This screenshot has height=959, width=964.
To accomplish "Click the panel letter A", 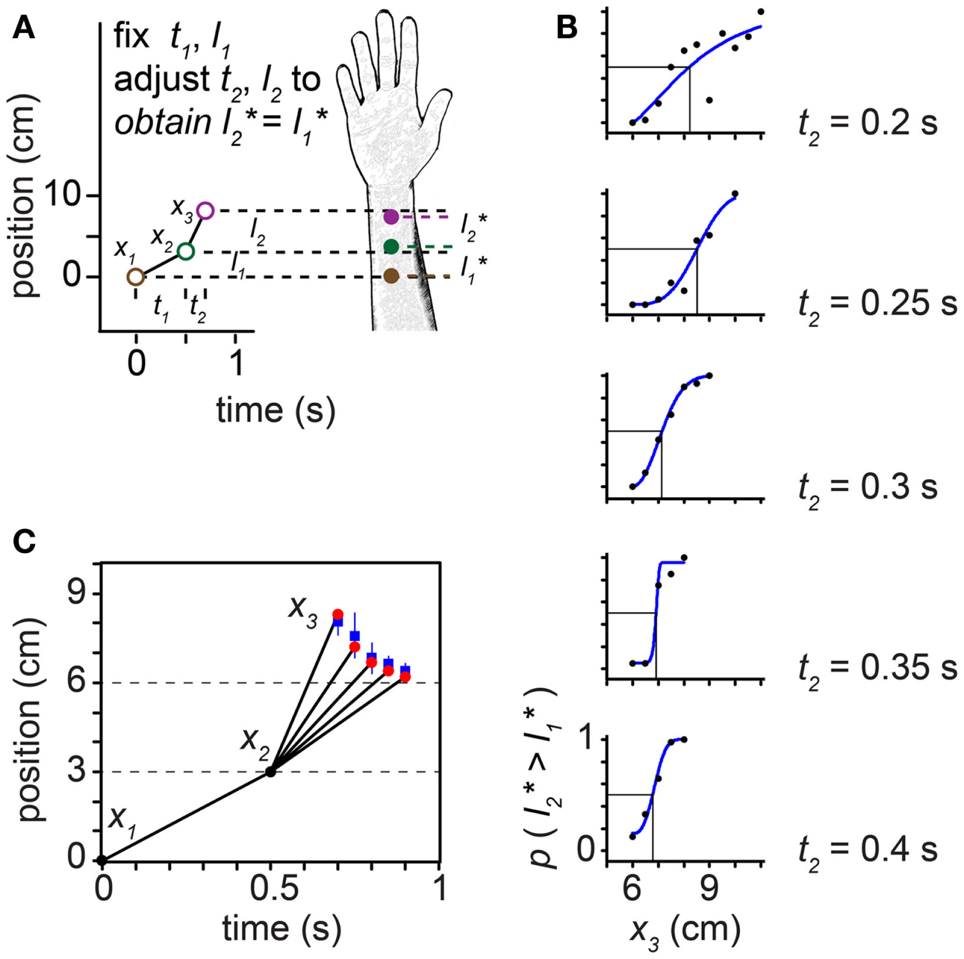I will point(24,28).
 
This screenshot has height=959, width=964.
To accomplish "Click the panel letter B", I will point(566,28).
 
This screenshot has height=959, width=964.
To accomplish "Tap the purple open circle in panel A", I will point(205,211).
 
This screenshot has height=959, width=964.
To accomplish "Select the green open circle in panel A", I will point(186,251).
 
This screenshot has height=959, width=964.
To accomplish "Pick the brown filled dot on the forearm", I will point(391,276).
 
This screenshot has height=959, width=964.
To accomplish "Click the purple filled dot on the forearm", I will point(391,217).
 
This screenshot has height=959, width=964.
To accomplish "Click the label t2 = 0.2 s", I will point(868,125).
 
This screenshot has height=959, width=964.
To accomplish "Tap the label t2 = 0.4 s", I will point(868,850).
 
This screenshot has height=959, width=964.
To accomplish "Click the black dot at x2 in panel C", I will point(270,772).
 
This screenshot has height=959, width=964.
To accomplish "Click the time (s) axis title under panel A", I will point(275,412).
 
